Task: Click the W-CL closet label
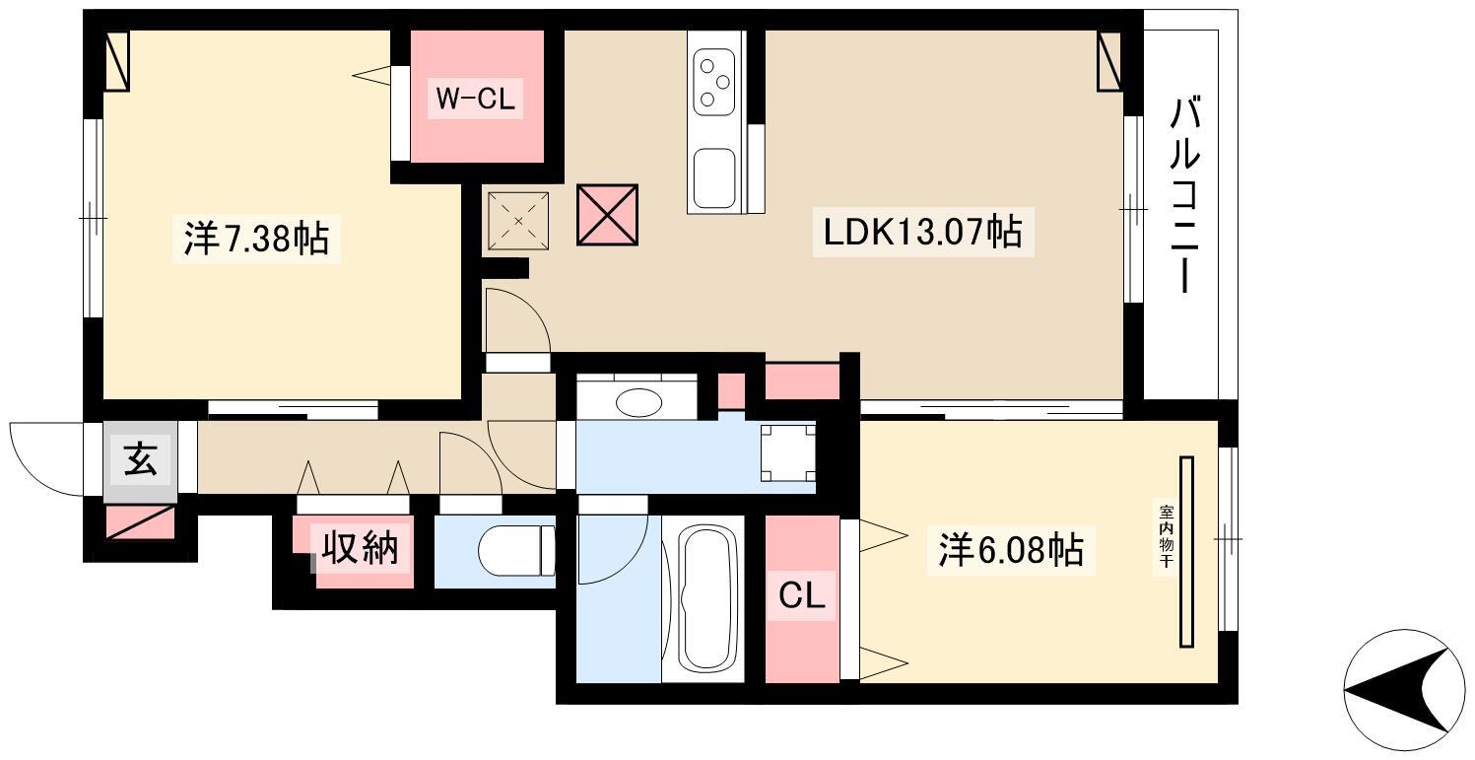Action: [475, 99]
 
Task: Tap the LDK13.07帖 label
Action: [922, 233]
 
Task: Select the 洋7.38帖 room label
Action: [256, 238]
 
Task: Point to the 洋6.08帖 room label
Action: [1011, 550]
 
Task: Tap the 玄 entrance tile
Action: [141, 459]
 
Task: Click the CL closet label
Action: [801, 596]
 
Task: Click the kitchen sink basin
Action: [714, 177]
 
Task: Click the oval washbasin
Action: [638, 402]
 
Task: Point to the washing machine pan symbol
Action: [788, 453]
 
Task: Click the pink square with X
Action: [607, 215]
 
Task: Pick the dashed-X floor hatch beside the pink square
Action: [518, 221]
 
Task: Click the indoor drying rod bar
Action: [1186, 551]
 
